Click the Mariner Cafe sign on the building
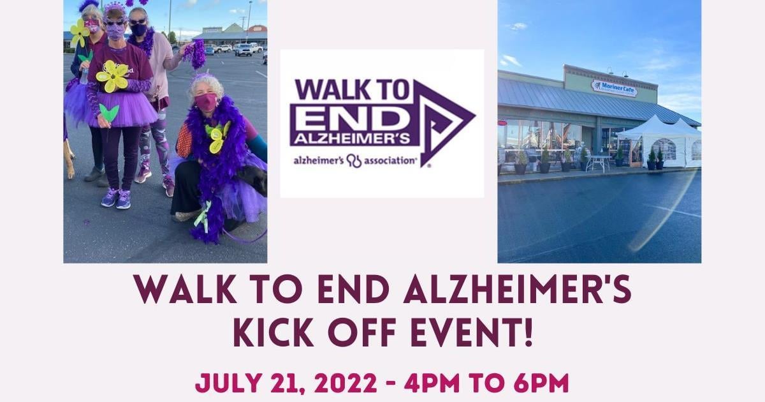(x=614, y=87)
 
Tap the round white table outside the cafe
(x=598, y=160)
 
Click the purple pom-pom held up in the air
(x=196, y=54)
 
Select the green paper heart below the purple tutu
(x=109, y=113)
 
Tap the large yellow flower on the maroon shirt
(x=113, y=75)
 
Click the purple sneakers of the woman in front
(x=116, y=198)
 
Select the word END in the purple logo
(x=349, y=118)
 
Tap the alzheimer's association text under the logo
(x=355, y=160)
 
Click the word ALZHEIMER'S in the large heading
(x=518, y=290)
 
